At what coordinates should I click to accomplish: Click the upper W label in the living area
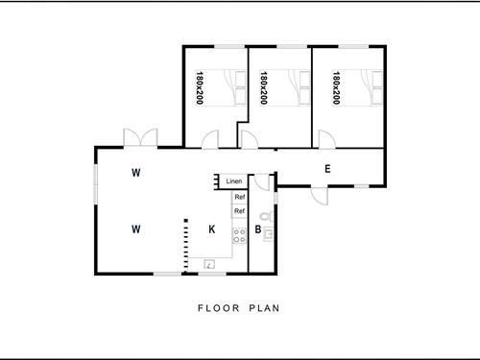pos(137,173)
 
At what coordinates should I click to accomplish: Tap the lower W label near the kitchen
pos(137,228)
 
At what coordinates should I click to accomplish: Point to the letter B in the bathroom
pos(258,230)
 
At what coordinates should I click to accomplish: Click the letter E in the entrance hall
pos(327,170)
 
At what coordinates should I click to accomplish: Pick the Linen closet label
pos(233,181)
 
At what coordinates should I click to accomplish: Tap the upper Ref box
pos(240,198)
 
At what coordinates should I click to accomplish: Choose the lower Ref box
pos(240,211)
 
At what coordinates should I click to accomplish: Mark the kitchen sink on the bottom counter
pos(208,264)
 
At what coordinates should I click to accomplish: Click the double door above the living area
pos(141,137)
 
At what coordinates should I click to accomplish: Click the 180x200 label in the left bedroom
pos(200,88)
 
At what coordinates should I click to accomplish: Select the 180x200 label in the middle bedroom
pos(263,88)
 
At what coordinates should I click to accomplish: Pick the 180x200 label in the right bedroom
pos(337,88)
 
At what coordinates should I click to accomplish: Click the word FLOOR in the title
pos(217,309)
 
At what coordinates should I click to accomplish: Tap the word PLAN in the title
pos(265,309)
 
